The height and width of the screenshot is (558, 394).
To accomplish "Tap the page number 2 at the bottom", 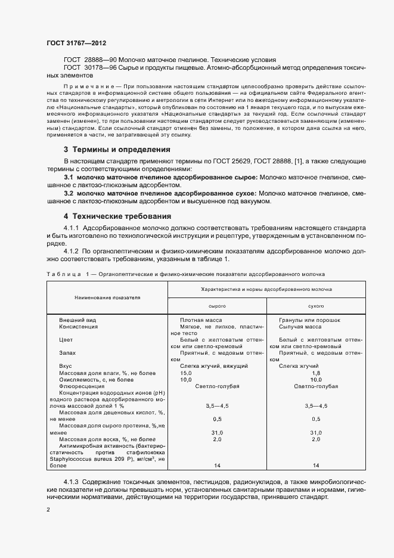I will [x=48, y=510].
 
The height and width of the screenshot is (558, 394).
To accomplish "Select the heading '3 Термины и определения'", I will [x=117, y=149].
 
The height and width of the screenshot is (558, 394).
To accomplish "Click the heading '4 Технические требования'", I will [x=117, y=216].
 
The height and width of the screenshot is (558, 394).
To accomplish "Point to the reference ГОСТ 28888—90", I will [x=89, y=61].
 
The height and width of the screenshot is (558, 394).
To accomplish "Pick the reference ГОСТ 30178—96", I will [x=89, y=68].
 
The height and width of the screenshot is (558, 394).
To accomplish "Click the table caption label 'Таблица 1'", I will [x=67, y=273].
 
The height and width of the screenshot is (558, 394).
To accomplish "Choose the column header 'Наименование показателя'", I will [x=107, y=296].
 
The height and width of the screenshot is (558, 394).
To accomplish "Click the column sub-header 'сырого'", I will [x=216, y=305].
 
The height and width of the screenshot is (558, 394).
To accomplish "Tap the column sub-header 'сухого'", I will [x=316, y=305].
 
